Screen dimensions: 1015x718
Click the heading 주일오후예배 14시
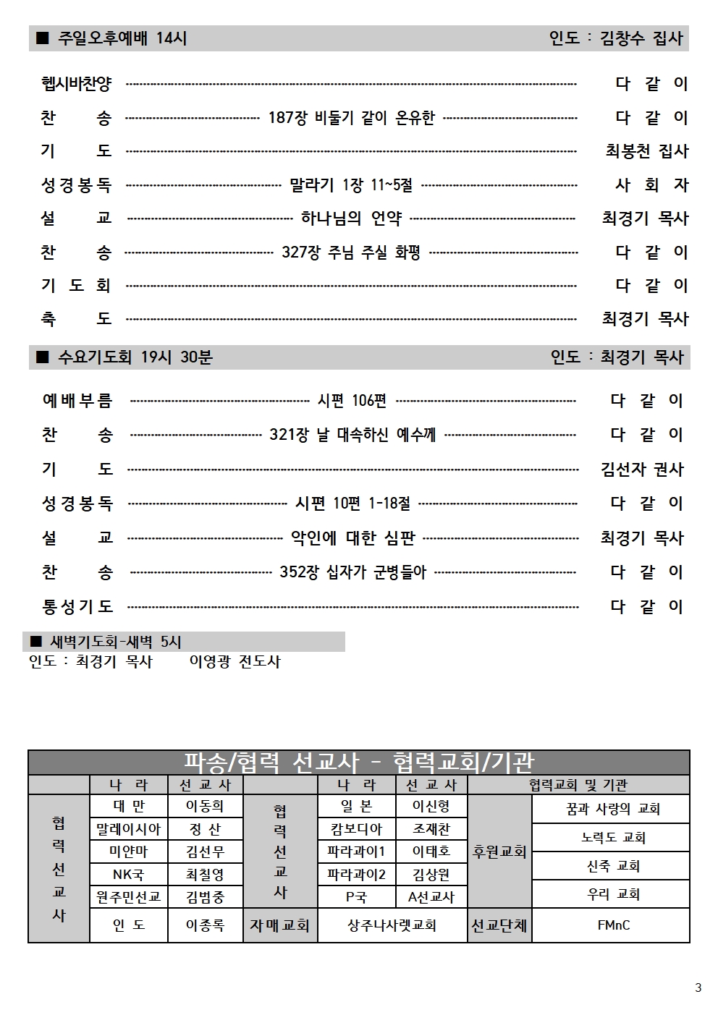point(122,38)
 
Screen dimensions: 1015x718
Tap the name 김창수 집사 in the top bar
point(641,38)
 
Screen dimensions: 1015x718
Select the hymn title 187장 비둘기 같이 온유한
point(351,117)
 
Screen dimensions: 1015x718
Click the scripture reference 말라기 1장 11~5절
point(351,185)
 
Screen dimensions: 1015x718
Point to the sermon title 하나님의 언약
point(351,218)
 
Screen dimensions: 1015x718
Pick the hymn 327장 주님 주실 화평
point(351,252)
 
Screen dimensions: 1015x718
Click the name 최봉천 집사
point(646,151)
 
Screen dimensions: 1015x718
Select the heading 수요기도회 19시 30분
point(135,357)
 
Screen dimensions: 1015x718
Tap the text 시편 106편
point(352,401)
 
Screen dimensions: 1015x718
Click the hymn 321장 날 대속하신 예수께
point(352,435)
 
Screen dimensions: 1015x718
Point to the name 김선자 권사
point(642,470)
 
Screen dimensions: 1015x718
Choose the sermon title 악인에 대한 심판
point(352,538)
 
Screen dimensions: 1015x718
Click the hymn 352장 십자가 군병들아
point(352,572)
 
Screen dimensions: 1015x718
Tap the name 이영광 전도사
point(235,661)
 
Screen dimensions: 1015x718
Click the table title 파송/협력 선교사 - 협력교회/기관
point(358,763)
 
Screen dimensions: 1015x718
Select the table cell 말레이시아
point(129,829)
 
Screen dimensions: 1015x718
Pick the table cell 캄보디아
point(356,829)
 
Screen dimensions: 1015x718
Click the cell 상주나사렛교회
point(392,925)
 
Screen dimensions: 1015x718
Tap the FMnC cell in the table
point(613,925)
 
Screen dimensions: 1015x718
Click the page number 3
point(698,988)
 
